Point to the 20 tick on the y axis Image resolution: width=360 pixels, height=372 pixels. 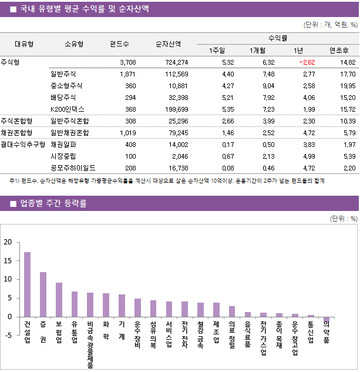8,242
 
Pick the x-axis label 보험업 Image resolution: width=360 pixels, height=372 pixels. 59,332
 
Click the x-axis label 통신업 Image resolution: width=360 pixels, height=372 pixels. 310,332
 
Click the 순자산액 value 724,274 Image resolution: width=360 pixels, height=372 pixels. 176,62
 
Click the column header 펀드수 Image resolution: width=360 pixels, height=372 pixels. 120,43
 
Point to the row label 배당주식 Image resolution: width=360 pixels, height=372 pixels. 63,97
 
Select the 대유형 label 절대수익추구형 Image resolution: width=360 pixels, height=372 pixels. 23,144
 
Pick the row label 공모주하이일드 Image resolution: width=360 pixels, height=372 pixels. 73,167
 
